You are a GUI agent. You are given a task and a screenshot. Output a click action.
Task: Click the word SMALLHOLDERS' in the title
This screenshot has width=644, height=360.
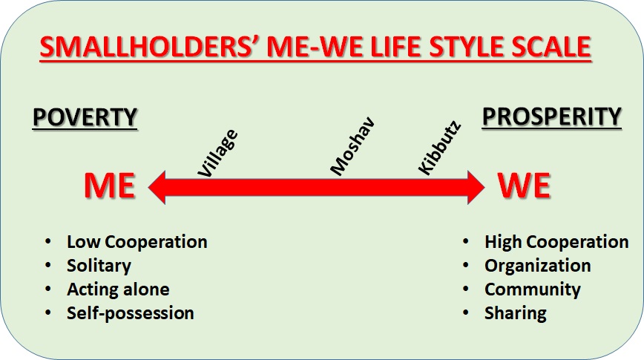pyautogui.click(x=151, y=47)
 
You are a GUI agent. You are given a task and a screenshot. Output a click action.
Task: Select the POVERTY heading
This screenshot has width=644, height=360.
pyautogui.click(x=85, y=117)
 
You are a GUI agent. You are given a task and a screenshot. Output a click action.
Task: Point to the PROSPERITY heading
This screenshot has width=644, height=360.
pyautogui.click(x=551, y=117)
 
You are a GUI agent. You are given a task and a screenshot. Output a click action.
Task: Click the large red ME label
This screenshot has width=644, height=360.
pyautogui.click(x=110, y=186)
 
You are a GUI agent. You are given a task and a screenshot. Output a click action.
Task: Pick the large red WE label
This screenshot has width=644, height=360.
pyautogui.click(x=525, y=186)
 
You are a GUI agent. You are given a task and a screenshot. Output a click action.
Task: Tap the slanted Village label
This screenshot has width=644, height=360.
pyautogui.click(x=217, y=154)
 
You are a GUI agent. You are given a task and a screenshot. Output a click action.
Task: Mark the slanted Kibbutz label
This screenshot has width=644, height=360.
pyautogui.click(x=439, y=148)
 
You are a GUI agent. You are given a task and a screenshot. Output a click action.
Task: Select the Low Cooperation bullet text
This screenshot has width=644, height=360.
pyautogui.click(x=137, y=242)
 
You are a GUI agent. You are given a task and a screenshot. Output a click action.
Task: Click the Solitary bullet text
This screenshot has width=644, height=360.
pyautogui.click(x=99, y=266)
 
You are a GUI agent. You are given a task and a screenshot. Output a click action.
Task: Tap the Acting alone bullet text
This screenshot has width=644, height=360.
pyautogui.click(x=118, y=289)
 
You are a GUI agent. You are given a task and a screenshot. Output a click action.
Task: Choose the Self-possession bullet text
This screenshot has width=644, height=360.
pyautogui.click(x=130, y=313)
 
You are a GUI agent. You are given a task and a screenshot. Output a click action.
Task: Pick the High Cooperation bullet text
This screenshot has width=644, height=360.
pyautogui.click(x=556, y=242)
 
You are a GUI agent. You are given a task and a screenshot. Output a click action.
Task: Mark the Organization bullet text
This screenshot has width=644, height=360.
pyautogui.click(x=538, y=266)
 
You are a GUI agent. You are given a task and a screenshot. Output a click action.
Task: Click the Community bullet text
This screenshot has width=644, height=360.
pyautogui.click(x=533, y=289)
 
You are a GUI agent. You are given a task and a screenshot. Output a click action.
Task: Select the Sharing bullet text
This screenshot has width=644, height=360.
pyautogui.click(x=516, y=313)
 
